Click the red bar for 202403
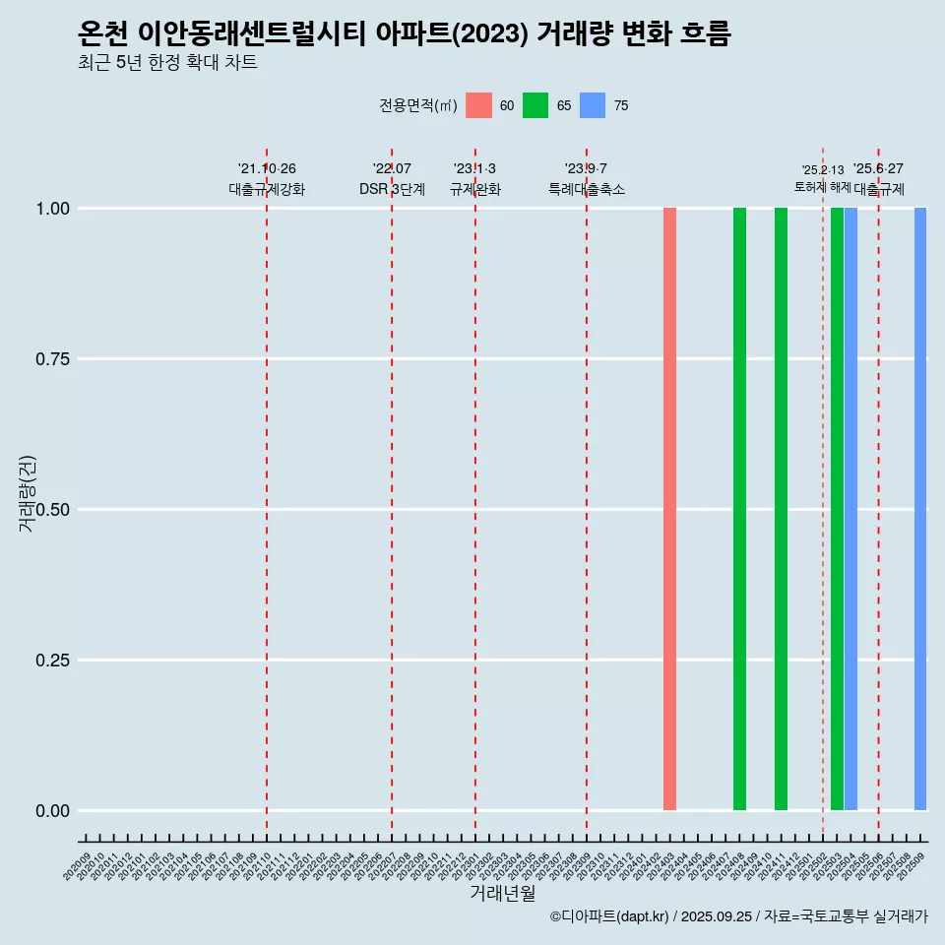pyautogui.click(x=669, y=509)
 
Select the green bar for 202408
pyautogui.click(x=739, y=509)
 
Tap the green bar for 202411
pyautogui.click(x=781, y=509)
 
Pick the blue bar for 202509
pyautogui.click(x=920, y=509)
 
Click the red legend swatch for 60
pyautogui.click(x=478, y=105)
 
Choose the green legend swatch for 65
pyautogui.click(x=535, y=105)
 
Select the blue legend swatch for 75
pyautogui.click(x=593, y=105)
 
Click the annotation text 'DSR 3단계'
pyautogui.click(x=392, y=189)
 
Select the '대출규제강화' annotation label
pyautogui.click(x=267, y=189)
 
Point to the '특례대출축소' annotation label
pyautogui.click(x=587, y=189)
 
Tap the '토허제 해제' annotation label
pyautogui.click(x=822, y=186)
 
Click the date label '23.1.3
pyautogui.click(x=474, y=169)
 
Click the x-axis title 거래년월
pyautogui.click(x=503, y=893)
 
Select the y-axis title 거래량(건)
pyautogui.click(x=28, y=492)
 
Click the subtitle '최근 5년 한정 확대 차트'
pyautogui.click(x=167, y=63)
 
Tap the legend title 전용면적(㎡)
pyautogui.click(x=417, y=105)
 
